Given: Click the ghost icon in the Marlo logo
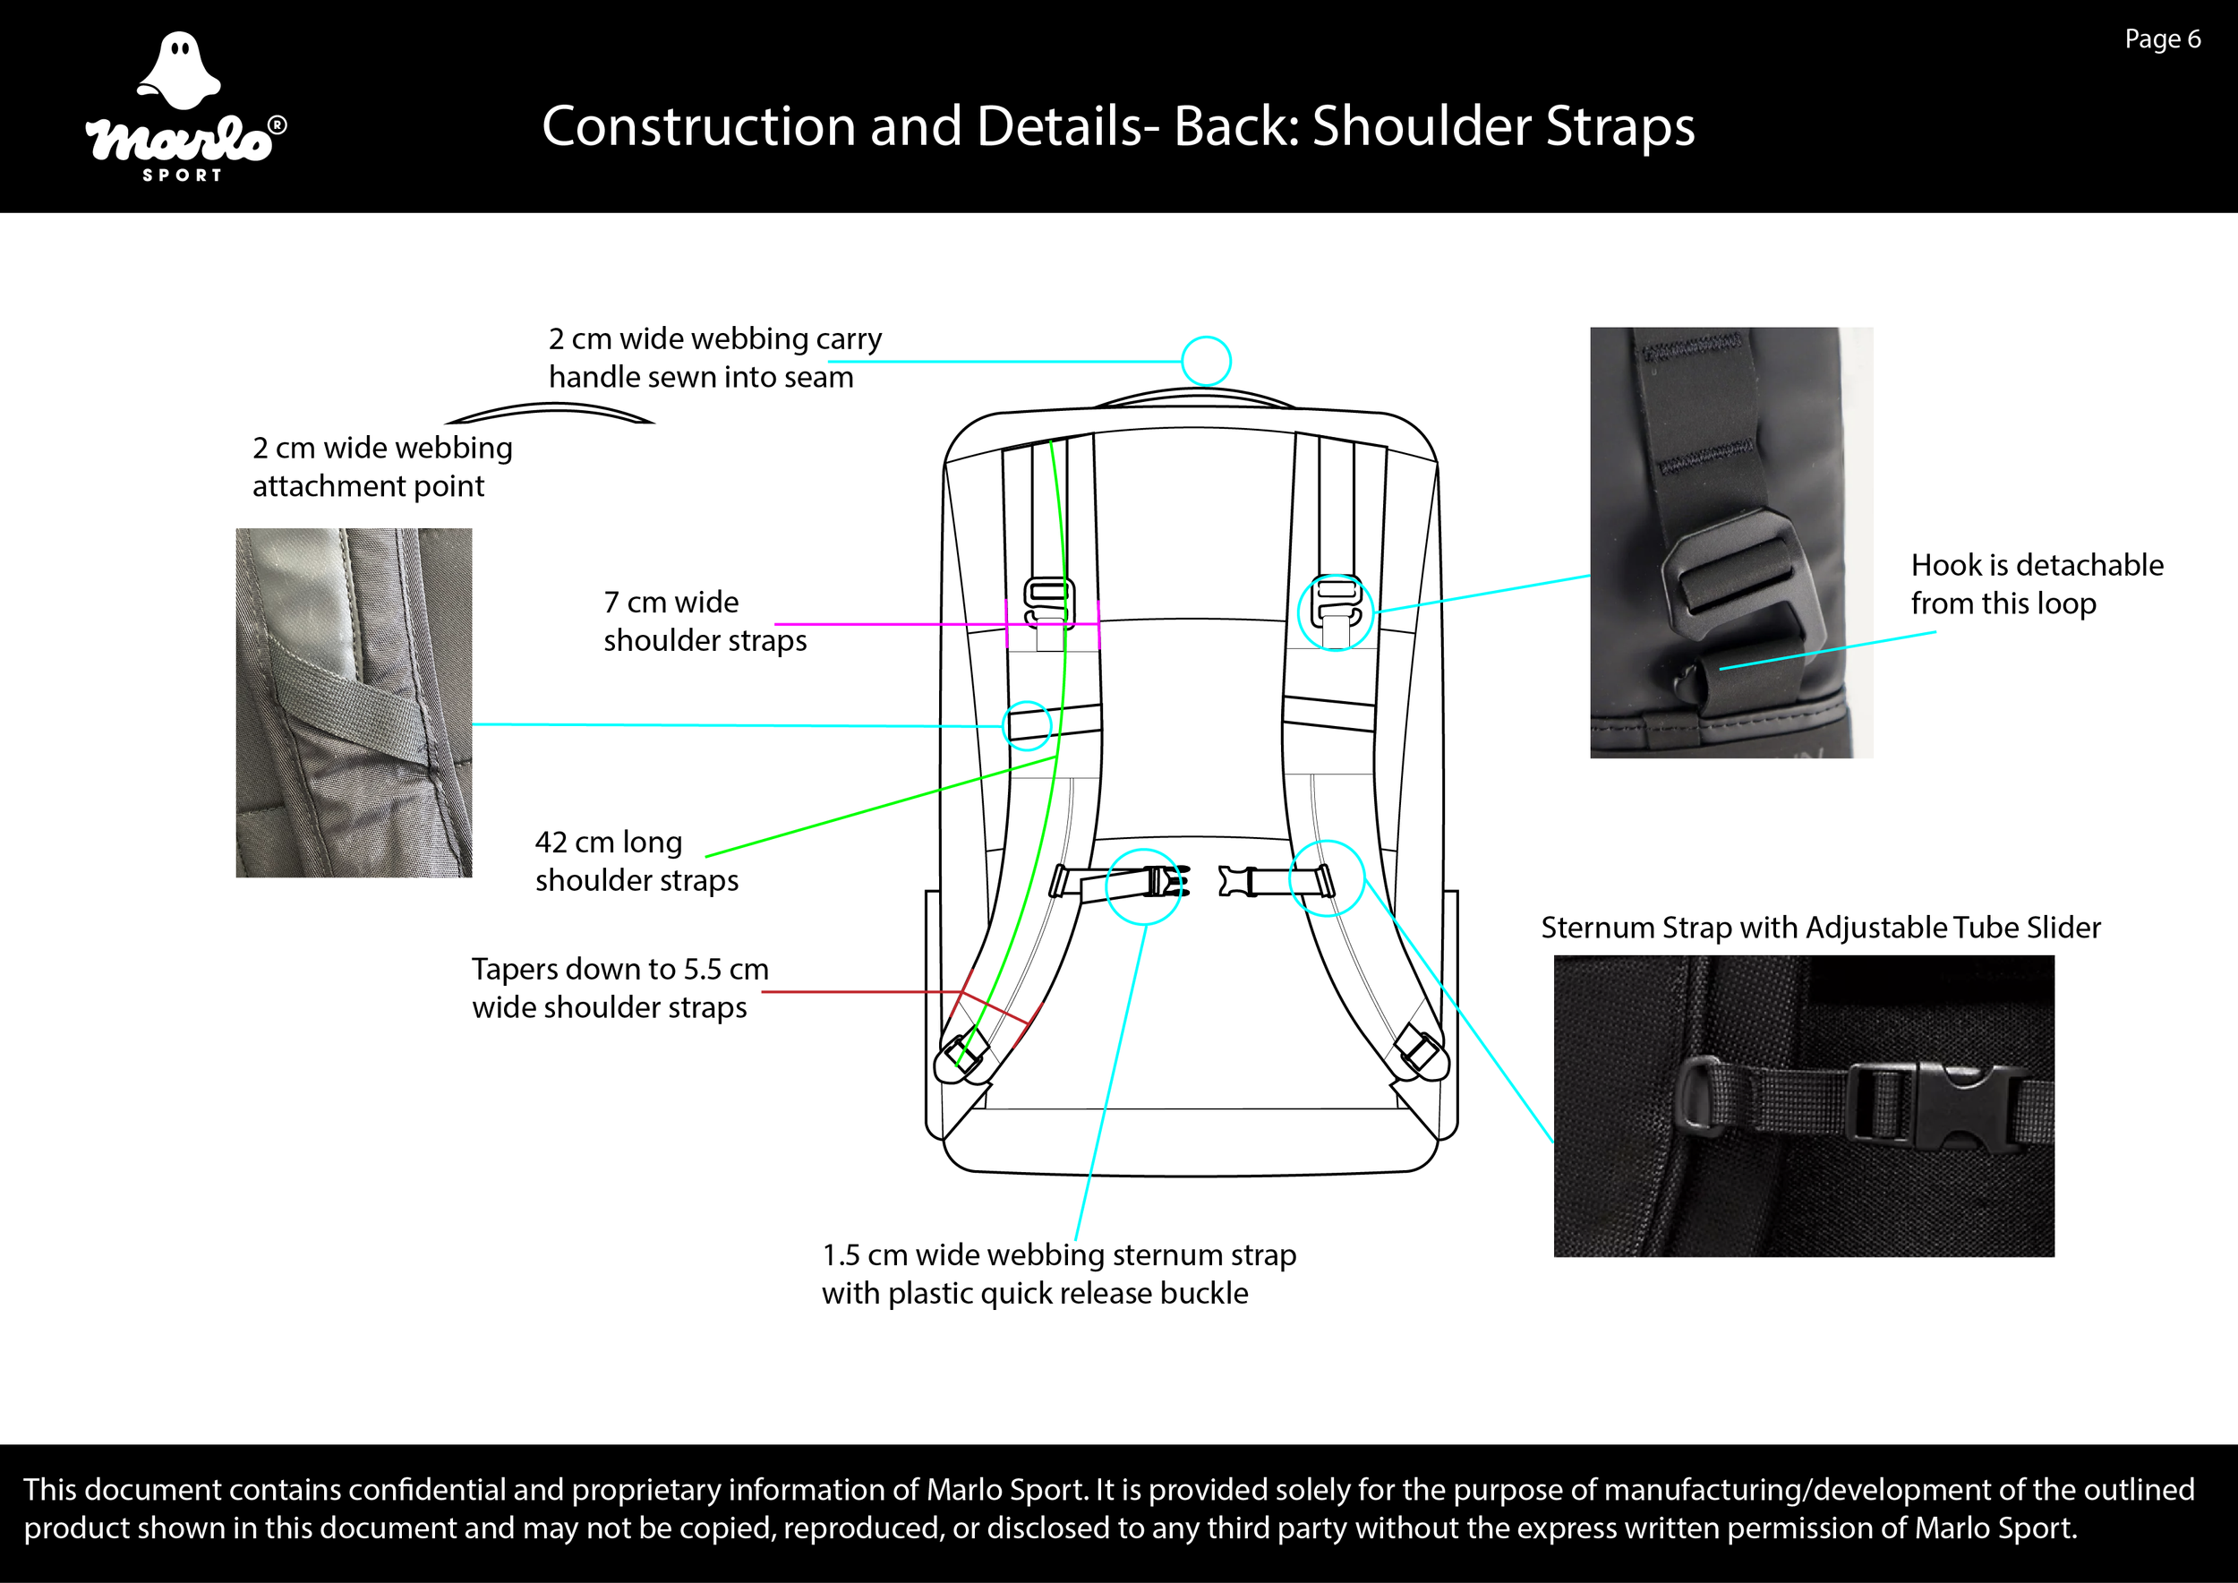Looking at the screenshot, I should tap(179, 70).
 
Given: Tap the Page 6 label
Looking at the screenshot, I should tap(2162, 39).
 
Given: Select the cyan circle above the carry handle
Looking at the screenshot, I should tap(1206, 361).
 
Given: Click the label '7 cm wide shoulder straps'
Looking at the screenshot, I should tap(704, 620).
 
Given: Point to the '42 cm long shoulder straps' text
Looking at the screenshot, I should tap(636, 860).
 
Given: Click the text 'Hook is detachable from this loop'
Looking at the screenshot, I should tap(2037, 584).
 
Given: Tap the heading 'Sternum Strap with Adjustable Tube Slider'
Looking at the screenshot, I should tap(1820, 927).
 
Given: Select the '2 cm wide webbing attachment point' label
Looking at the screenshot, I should tap(382, 466).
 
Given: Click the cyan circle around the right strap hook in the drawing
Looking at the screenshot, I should tap(1336, 613).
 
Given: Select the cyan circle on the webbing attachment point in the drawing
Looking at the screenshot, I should tap(1027, 724).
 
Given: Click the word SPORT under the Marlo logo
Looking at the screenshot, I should tap(183, 175).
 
